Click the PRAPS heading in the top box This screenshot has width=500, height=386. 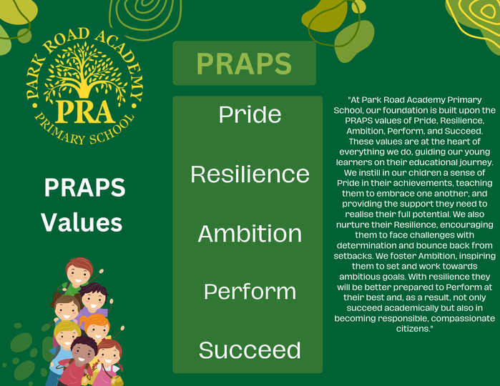244,64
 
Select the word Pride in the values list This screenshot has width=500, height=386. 250,114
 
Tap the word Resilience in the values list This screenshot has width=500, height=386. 250,174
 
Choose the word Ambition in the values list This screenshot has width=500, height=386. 250,233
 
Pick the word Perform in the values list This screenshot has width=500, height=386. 250,292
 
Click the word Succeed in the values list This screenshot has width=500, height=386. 250,350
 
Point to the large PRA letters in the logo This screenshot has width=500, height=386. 85,112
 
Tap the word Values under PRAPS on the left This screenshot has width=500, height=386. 82,222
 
